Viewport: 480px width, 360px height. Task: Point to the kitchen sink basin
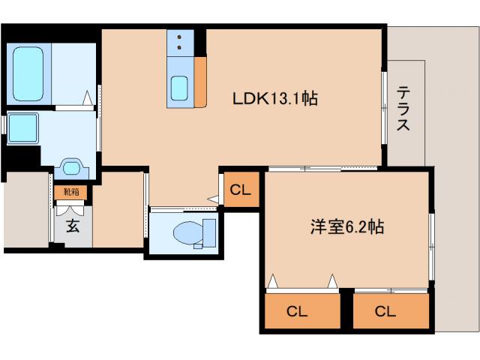(x=180, y=88)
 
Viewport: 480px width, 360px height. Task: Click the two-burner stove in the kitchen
(x=181, y=42)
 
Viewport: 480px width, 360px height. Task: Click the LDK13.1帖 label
(x=274, y=97)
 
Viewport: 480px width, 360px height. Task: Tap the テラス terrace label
(x=403, y=109)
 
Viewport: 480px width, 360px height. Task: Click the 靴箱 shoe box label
(x=71, y=192)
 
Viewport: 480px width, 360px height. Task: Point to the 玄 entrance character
(x=72, y=226)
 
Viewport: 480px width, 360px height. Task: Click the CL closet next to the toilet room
(x=241, y=189)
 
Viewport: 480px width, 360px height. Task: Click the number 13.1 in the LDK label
(x=290, y=97)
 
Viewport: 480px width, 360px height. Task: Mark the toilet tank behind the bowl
(x=208, y=232)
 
